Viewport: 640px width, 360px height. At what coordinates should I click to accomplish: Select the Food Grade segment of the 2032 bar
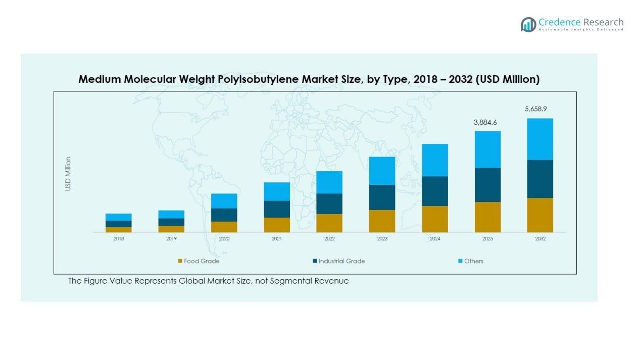pyautogui.click(x=539, y=215)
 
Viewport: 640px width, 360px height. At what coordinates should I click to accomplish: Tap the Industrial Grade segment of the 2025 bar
pyautogui.click(x=487, y=185)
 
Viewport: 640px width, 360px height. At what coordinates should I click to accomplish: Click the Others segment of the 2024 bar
pyautogui.click(x=434, y=160)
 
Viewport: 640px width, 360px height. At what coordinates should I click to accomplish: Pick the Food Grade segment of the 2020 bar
pyautogui.click(x=224, y=227)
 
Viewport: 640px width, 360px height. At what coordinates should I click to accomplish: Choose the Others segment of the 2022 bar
pyautogui.click(x=329, y=182)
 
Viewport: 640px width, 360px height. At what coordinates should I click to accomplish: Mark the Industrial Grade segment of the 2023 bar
pyautogui.click(x=382, y=197)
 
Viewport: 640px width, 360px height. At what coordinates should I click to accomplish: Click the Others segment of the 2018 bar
pyautogui.click(x=119, y=217)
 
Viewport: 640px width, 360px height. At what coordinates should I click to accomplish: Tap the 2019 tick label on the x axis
pyautogui.click(x=171, y=239)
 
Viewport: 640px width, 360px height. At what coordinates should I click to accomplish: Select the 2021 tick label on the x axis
pyautogui.click(x=276, y=239)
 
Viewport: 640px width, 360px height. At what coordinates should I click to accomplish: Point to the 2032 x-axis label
pyautogui.click(x=540, y=239)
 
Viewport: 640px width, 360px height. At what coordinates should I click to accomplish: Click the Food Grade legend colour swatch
pyautogui.click(x=180, y=261)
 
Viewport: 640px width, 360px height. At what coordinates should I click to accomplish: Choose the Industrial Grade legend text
pyautogui.click(x=341, y=261)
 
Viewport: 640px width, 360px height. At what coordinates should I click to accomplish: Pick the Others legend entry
pyautogui.click(x=473, y=261)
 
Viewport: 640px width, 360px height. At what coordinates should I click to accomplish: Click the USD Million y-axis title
pyautogui.click(x=68, y=174)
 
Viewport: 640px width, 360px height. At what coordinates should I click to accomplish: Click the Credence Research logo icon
pyautogui.click(x=528, y=24)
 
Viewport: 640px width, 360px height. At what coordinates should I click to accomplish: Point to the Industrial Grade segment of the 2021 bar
pyautogui.click(x=276, y=209)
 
